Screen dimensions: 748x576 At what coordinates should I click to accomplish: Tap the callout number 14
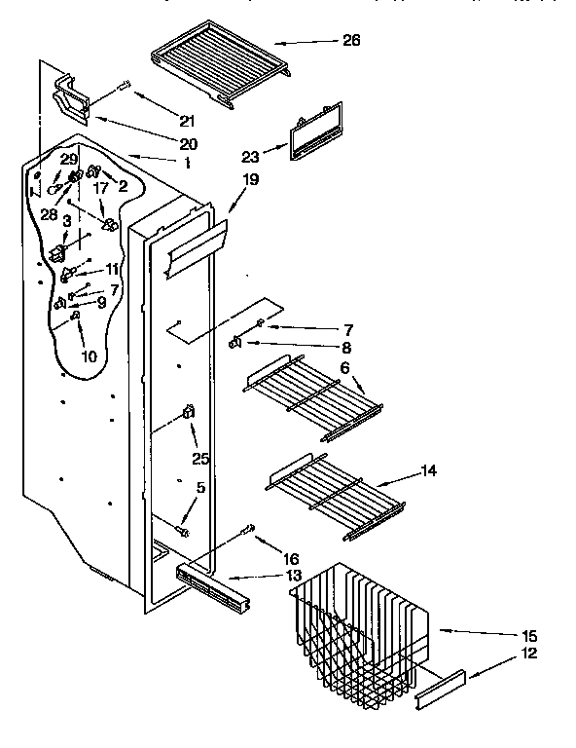coord(428,470)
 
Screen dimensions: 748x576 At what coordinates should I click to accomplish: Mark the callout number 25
coord(201,458)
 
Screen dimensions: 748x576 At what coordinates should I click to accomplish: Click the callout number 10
coord(89,356)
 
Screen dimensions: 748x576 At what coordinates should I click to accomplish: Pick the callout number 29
coord(68,158)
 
